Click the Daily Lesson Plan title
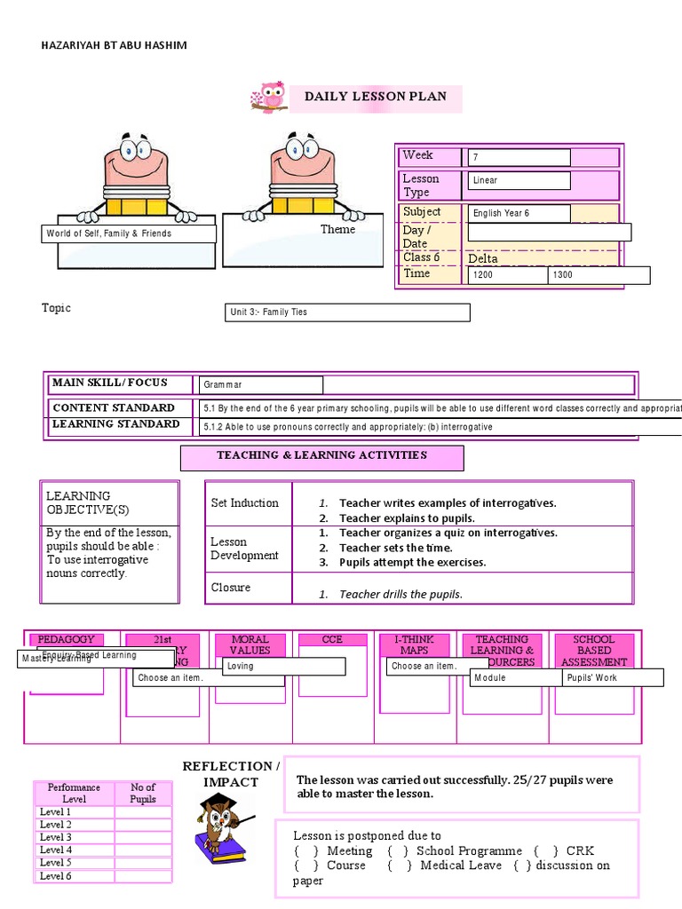click(376, 97)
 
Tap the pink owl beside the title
click(269, 97)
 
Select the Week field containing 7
click(519, 157)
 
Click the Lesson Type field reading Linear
click(519, 180)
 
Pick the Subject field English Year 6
click(519, 213)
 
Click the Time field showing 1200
click(508, 275)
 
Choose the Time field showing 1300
click(599, 275)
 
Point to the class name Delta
click(483, 258)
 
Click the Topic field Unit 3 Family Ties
click(348, 312)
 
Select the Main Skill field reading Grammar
click(261, 384)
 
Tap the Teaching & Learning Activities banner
click(322, 455)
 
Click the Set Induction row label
click(244, 502)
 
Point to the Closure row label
click(231, 587)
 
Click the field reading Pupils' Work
click(613, 677)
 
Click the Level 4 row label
click(56, 850)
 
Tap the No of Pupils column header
click(143, 793)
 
